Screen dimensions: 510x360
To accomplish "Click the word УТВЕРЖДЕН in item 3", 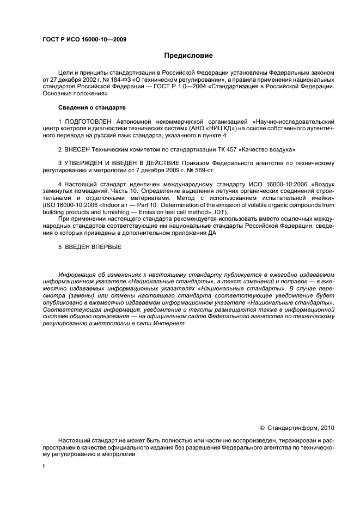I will pyautogui.click(x=86, y=163).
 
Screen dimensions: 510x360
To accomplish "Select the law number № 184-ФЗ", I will pyautogui.click(x=114, y=80).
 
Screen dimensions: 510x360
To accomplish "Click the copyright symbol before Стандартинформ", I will pyautogui.click(x=262, y=428).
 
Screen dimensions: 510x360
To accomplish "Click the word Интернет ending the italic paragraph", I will pyautogui.click(x=170, y=323).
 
